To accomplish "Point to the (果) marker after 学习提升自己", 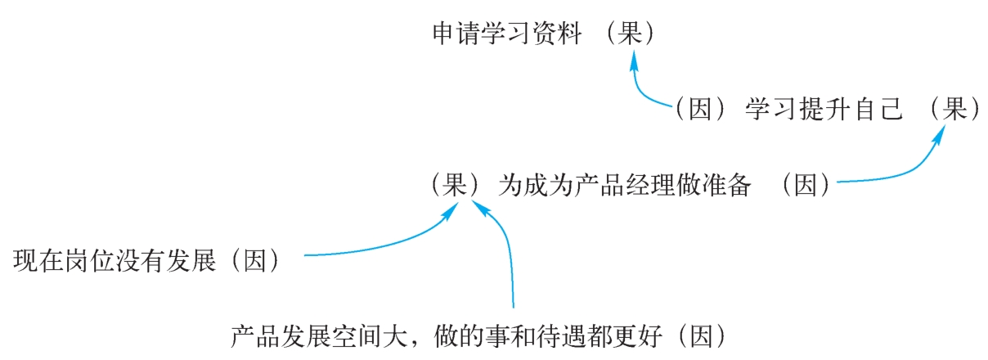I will [954, 110].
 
